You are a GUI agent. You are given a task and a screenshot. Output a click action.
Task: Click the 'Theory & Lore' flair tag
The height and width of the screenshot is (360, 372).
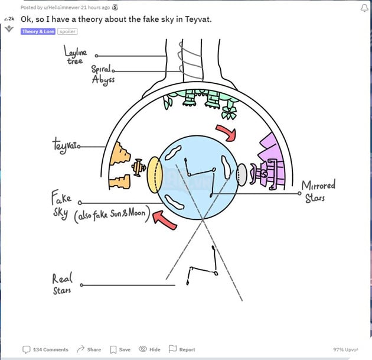point(38,31)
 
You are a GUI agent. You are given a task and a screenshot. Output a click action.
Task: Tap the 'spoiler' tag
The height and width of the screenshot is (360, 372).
point(67,31)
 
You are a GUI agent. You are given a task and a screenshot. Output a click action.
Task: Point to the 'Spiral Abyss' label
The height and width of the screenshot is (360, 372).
point(102,73)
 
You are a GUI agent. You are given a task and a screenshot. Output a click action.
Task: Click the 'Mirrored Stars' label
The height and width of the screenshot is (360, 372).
point(319,192)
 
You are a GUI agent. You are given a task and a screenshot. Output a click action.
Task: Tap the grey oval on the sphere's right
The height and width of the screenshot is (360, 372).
point(242,174)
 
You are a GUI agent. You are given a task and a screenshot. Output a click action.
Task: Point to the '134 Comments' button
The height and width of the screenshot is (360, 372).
point(46,349)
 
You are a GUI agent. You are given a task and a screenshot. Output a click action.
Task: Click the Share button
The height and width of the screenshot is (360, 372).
point(89,349)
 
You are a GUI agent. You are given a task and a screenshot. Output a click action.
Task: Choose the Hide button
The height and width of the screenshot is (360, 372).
point(149,349)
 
